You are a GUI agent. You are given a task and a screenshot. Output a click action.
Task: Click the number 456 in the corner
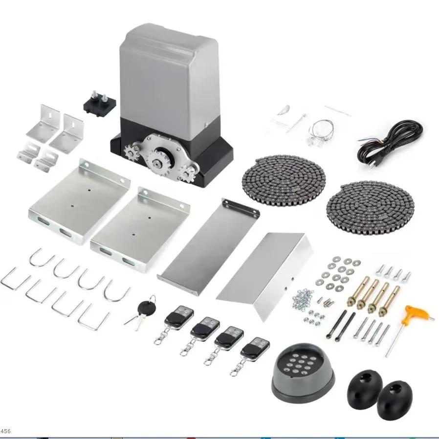[x=6, y=431]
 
